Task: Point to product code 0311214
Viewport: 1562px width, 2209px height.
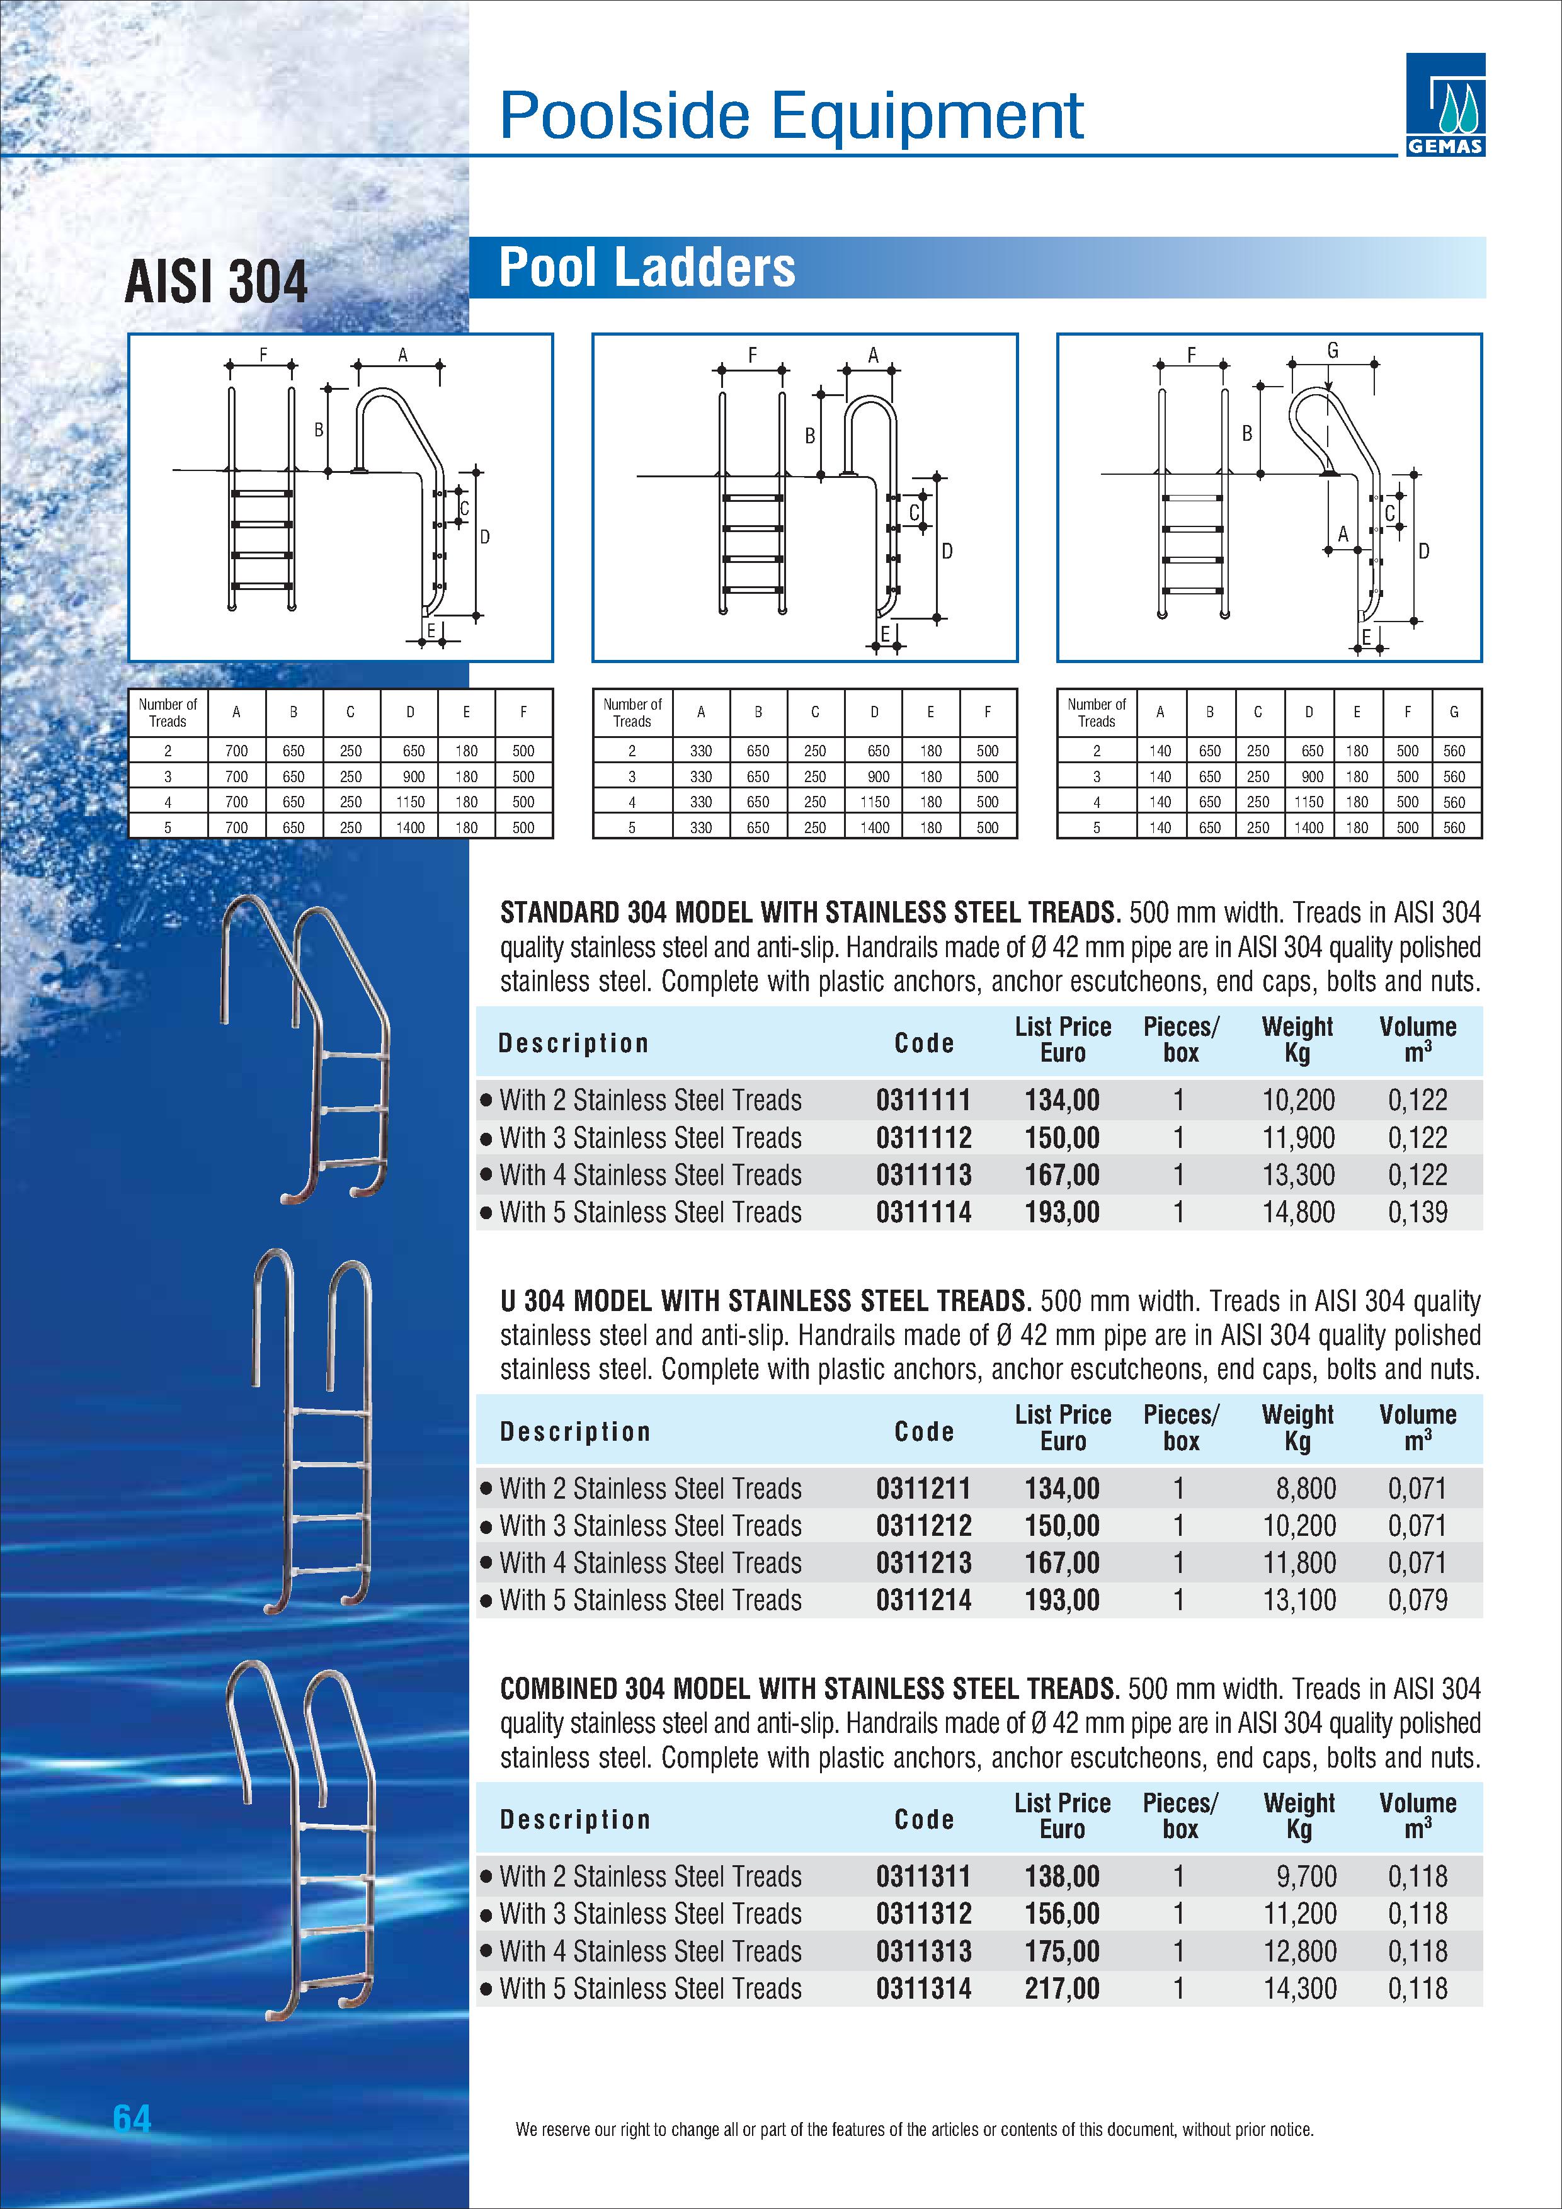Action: [x=923, y=1600]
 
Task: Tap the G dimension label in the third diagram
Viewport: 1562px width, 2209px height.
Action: [x=1333, y=351]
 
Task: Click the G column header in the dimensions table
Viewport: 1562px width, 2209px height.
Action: [x=1453, y=712]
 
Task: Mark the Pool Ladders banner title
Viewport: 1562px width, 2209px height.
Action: [x=647, y=268]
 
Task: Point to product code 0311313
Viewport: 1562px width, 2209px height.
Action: [x=923, y=1951]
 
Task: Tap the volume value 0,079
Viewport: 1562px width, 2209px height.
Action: [x=1417, y=1600]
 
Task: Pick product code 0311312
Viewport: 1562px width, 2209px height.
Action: [x=923, y=1914]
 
